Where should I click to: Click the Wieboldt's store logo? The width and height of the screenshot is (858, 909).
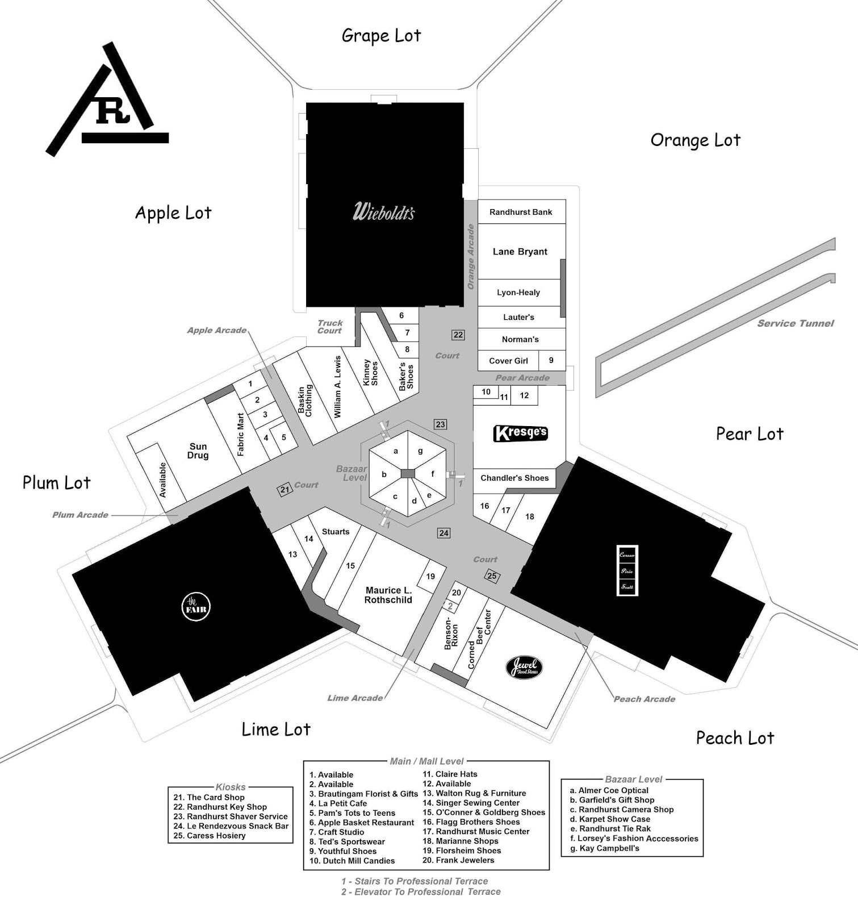point(384,211)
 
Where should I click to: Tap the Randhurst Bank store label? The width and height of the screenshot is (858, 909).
point(521,212)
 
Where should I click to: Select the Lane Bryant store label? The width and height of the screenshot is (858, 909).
point(520,252)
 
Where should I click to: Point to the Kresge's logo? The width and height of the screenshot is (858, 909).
point(521,433)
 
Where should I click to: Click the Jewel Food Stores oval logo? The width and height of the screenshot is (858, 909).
point(524,668)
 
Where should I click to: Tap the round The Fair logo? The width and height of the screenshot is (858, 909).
point(195,606)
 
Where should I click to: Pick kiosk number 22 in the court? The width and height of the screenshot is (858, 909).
point(458,335)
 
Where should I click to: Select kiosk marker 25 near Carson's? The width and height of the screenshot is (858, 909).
point(492,576)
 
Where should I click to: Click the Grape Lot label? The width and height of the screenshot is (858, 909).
point(381,36)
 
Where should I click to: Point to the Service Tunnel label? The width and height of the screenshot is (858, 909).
point(795,323)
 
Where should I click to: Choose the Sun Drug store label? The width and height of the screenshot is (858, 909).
point(198,451)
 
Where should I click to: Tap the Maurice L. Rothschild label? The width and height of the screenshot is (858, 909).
point(388,595)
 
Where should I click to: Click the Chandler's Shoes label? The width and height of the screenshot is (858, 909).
point(514,478)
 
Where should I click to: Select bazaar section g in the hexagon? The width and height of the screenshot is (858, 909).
point(420,451)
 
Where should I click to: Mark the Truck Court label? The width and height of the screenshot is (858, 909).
point(330,327)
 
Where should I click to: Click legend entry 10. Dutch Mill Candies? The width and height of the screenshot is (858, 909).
point(352,861)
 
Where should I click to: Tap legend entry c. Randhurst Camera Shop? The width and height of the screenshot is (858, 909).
point(622,810)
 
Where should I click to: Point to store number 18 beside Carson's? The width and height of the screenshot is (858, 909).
point(529,516)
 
